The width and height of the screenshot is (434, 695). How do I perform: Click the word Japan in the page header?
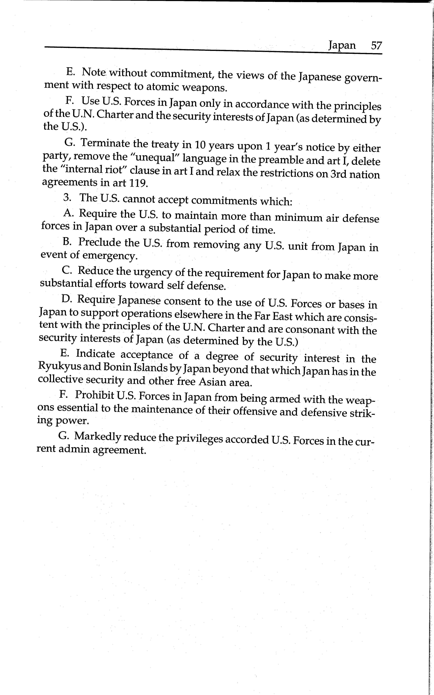[342, 45]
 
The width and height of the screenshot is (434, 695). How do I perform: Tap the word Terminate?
[105, 143]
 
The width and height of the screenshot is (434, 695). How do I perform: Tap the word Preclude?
[100, 242]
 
